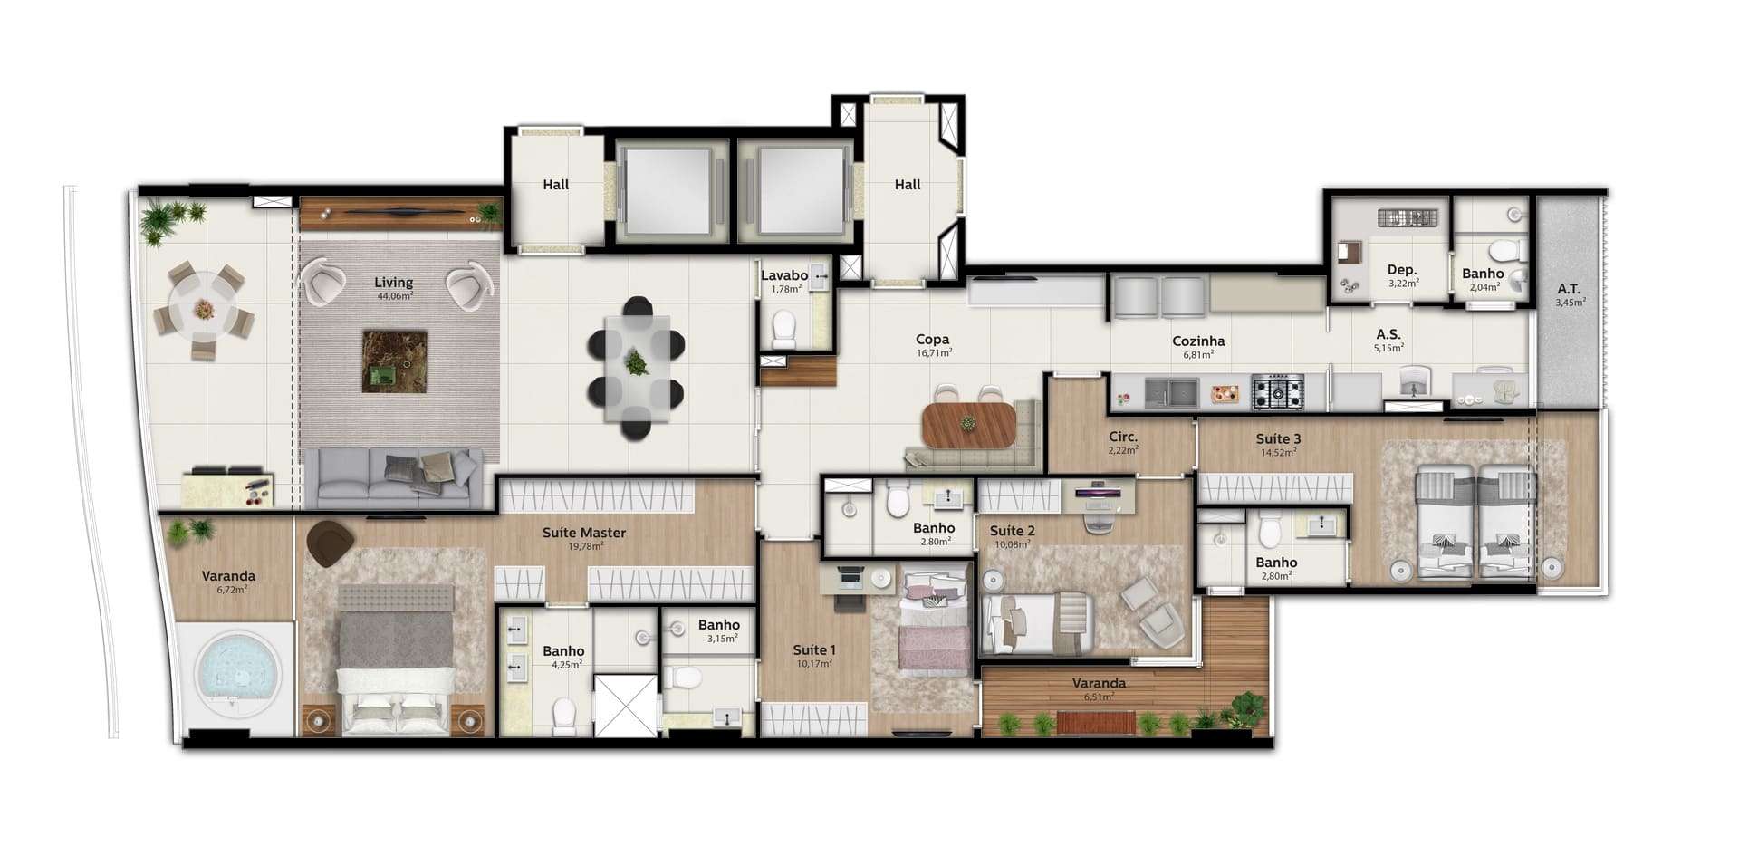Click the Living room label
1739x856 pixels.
pyautogui.click(x=393, y=283)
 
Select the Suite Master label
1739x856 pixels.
pyautogui.click(x=584, y=533)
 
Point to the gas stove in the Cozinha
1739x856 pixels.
pyautogui.click(x=1278, y=391)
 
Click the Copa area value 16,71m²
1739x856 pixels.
pyautogui.click(x=934, y=353)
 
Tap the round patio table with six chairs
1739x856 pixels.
pyautogui.click(x=205, y=309)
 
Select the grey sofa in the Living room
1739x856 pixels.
pyautogui.click(x=392, y=477)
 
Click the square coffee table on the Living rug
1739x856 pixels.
pyautogui.click(x=394, y=361)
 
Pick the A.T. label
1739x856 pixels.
pyautogui.click(x=1569, y=289)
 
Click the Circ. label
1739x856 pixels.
pyautogui.click(x=1123, y=437)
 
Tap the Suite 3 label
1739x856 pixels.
pyautogui.click(x=1278, y=439)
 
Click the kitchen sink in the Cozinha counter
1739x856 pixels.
pyautogui.click(x=1171, y=392)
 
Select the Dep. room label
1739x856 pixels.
pyautogui.click(x=1402, y=270)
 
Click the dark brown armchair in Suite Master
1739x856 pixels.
pyautogui.click(x=330, y=543)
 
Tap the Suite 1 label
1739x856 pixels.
pyautogui.click(x=813, y=649)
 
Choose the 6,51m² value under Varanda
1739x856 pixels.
pyautogui.click(x=1099, y=697)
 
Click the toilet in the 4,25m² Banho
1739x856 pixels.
pyautogui.click(x=563, y=716)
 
